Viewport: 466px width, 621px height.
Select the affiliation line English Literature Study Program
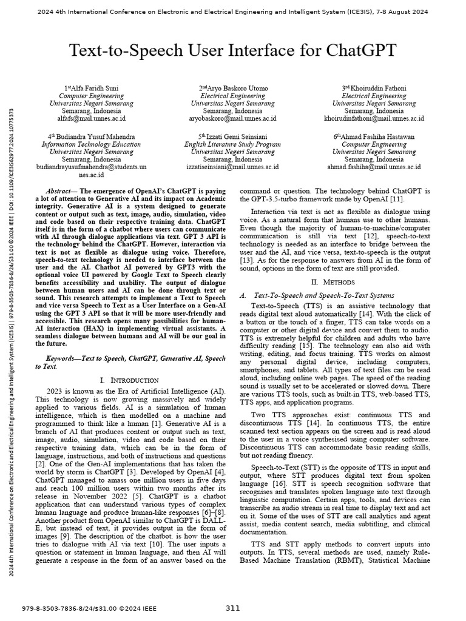point(232,144)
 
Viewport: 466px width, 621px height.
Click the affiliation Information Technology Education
point(91,144)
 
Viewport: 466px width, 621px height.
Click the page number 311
point(233,608)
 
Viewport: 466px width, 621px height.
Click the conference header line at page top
point(233,12)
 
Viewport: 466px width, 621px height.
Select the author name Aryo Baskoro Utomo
point(234,89)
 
